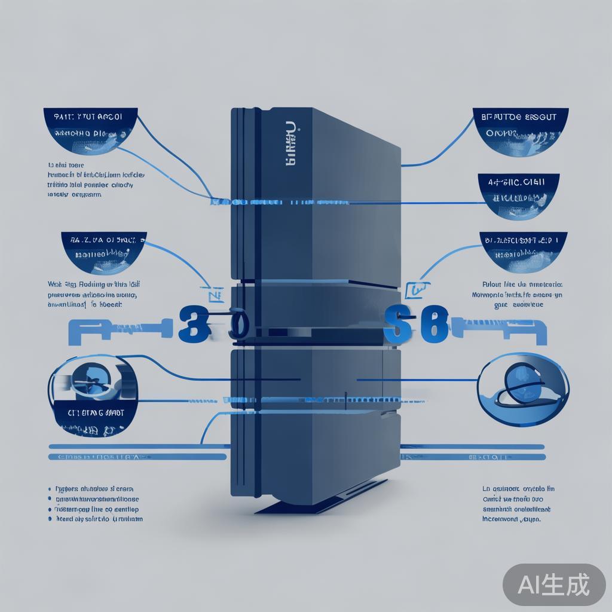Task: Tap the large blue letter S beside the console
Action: point(396,325)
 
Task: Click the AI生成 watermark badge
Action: point(553,584)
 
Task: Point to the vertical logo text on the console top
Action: point(290,146)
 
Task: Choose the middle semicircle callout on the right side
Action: point(519,195)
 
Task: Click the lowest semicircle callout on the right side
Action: point(523,252)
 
